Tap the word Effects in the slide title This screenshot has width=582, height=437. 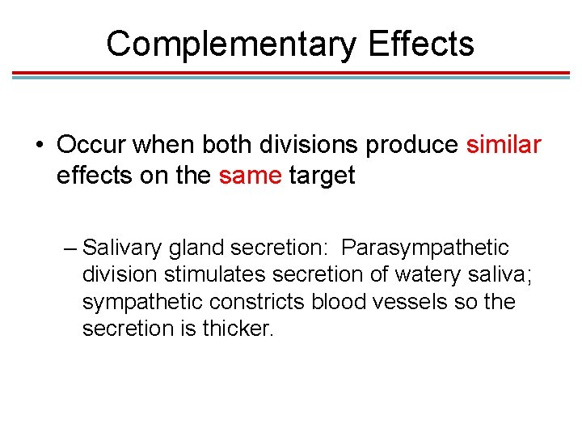(420, 44)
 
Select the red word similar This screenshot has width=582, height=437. (504, 146)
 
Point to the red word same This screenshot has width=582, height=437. (250, 175)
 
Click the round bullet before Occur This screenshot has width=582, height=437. (39, 146)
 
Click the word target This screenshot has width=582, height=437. (322, 176)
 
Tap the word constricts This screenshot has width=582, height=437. (258, 302)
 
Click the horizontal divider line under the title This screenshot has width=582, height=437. (291, 74)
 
